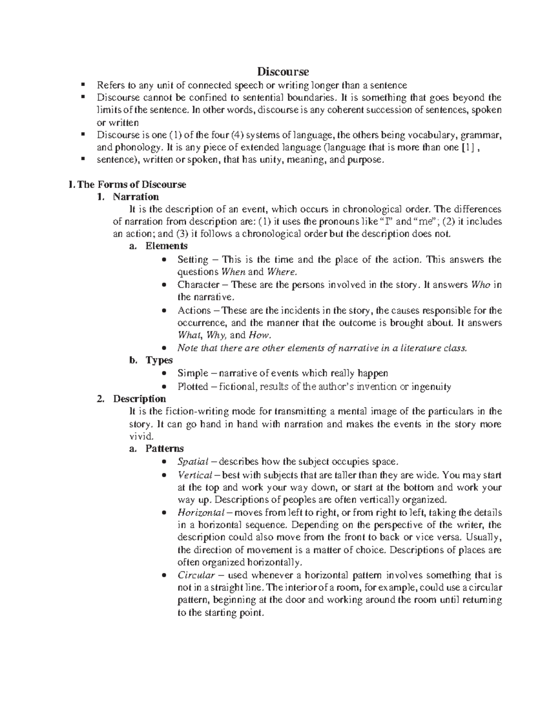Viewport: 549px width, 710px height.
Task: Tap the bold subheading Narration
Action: pos(136,197)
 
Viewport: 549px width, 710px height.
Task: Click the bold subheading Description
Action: pos(139,399)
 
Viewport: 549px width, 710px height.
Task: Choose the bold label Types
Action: pos(159,360)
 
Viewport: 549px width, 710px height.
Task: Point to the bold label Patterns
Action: pos(164,448)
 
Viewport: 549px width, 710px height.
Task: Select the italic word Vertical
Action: pos(195,475)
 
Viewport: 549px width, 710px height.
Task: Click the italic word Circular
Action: pos(196,576)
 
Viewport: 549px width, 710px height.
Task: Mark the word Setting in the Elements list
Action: pos(193,260)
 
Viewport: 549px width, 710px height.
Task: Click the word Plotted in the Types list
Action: pos(193,387)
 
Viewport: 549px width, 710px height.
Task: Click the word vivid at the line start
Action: pos(141,436)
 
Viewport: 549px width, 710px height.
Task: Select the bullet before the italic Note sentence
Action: pos(164,348)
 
